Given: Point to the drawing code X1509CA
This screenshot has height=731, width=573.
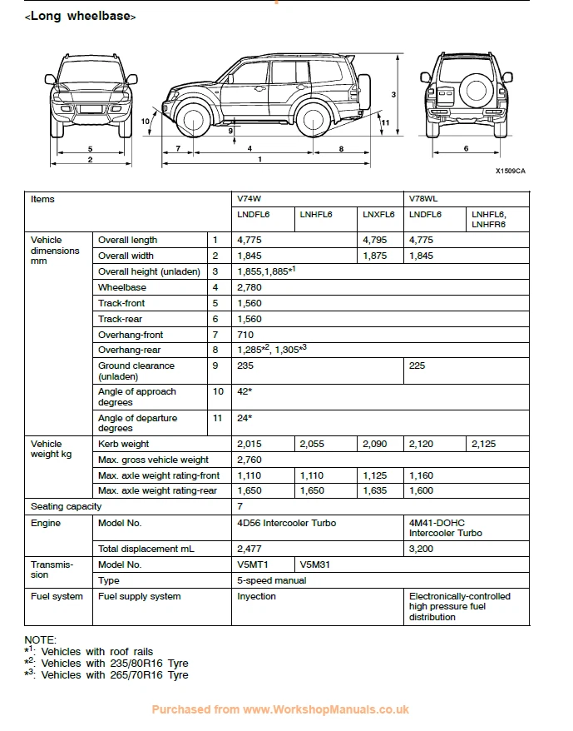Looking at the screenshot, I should tap(510, 172).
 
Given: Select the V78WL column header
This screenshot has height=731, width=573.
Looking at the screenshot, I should tap(423, 199).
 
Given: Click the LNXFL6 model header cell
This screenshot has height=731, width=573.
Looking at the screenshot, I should tap(378, 214).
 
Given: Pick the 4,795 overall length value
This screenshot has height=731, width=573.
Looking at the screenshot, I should tap(375, 240).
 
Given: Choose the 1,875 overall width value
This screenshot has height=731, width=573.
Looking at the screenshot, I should tap(375, 256).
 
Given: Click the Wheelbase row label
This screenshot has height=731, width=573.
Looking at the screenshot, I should tap(122, 287).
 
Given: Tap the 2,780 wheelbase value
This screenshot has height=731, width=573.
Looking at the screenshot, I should tap(250, 287).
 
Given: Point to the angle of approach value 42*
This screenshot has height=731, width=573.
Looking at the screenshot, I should tap(245, 391).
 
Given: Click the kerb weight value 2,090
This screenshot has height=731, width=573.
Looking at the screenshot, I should tap(375, 444).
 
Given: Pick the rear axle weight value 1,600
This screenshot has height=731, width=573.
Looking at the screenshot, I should tap(422, 490).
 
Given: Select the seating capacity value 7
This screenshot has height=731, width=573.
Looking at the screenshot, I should tap(240, 506).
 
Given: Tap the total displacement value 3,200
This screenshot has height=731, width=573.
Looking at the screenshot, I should tap(422, 549).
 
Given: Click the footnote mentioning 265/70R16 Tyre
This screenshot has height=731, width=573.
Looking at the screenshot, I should tap(106, 674).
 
